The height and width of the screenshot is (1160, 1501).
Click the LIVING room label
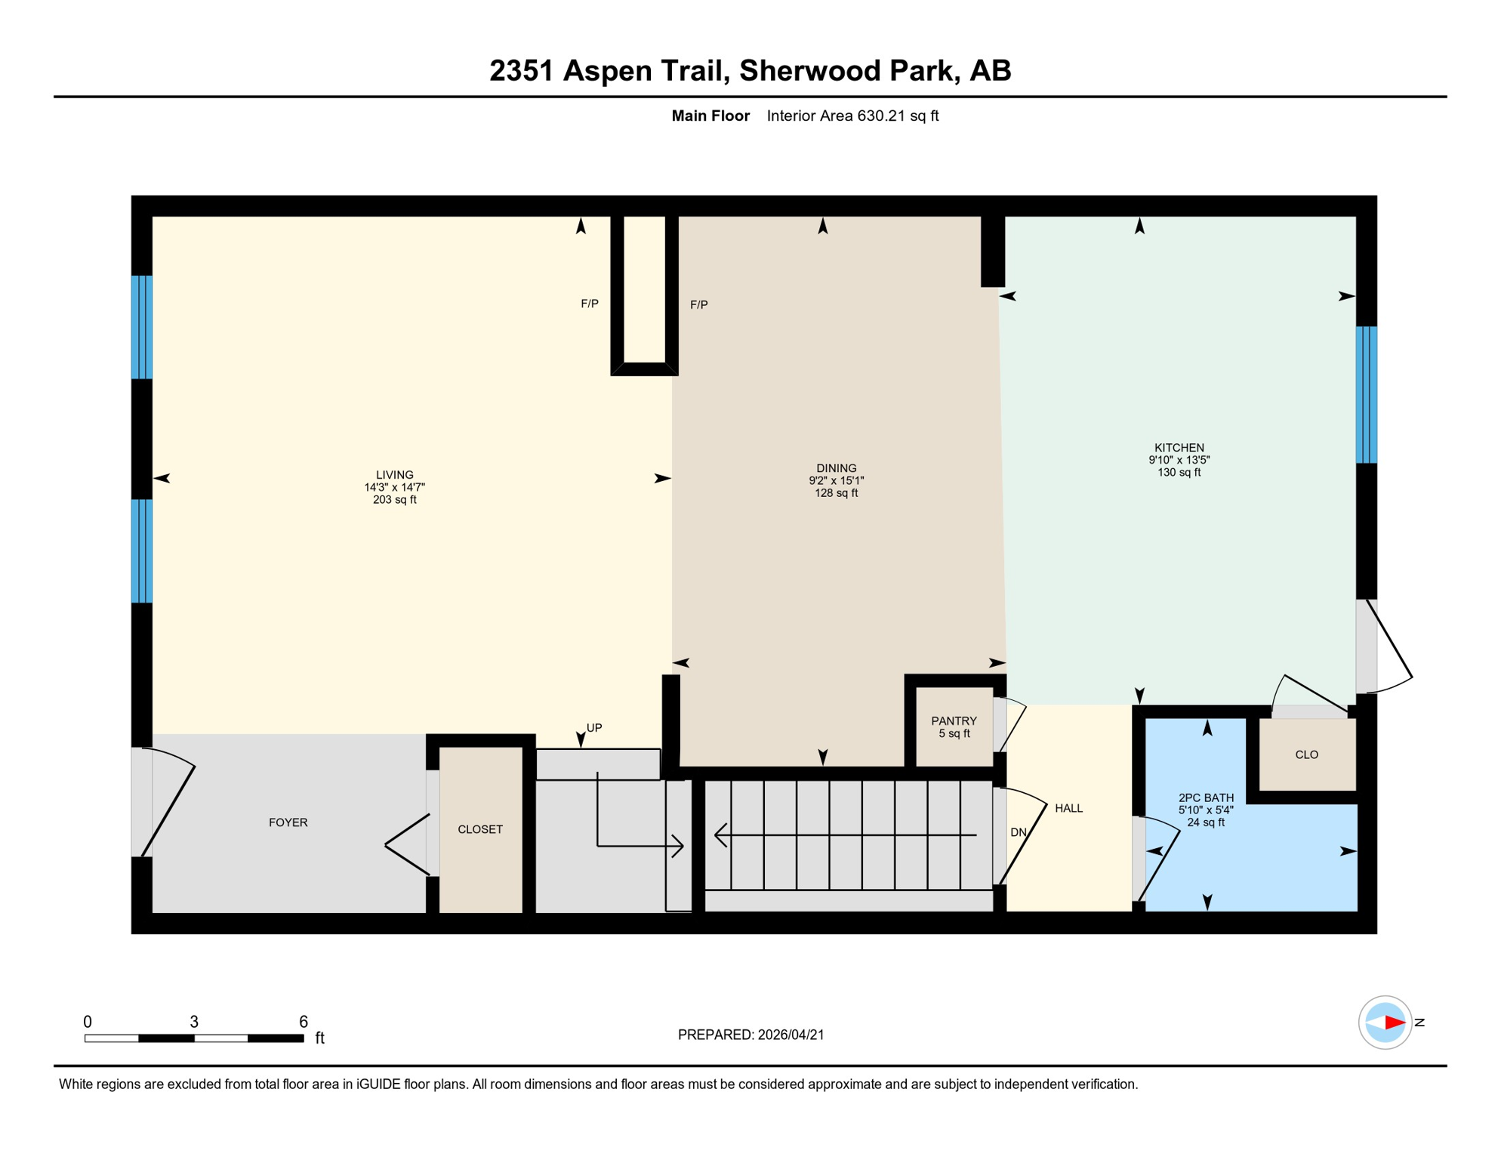[394, 475]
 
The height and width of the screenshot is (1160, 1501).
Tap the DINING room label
[836, 468]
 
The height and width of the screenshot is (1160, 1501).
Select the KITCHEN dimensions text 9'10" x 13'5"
[1179, 460]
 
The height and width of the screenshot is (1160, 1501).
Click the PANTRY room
[954, 727]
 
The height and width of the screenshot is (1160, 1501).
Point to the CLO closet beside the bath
[1306, 754]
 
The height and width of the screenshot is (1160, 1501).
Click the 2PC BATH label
[1206, 797]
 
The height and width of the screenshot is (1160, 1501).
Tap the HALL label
[1068, 808]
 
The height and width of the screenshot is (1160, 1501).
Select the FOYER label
[288, 822]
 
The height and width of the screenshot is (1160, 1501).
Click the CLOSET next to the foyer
[480, 829]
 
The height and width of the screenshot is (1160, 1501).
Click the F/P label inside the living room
[589, 304]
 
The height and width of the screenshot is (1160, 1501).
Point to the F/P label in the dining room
[698, 305]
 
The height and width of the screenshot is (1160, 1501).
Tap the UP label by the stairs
[594, 728]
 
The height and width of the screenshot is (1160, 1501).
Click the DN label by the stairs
[1018, 832]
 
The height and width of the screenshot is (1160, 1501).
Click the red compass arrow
[1394, 1023]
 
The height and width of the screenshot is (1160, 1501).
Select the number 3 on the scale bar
[194, 1022]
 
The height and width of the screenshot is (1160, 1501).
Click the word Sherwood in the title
[809, 70]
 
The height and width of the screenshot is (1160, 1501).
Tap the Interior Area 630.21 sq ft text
[852, 116]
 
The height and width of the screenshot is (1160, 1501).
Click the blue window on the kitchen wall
[1366, 394]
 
